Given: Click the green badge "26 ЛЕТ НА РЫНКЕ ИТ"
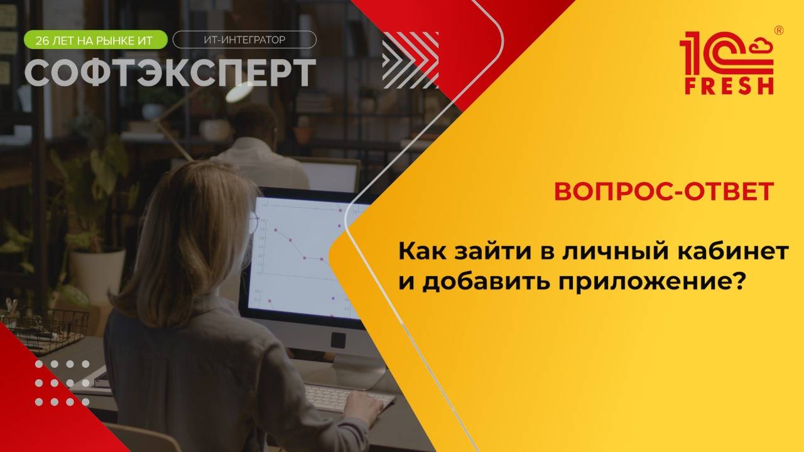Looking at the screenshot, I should (x=95, y=40).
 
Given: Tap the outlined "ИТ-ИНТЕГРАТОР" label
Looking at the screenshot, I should (x=244, y=40).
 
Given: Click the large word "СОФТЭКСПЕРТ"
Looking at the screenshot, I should (x=170, y=73).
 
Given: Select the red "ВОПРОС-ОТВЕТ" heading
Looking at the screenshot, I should (x=663, y=192).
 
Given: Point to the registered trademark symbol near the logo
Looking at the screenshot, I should (x=779, y=30).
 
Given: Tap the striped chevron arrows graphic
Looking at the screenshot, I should (x=410, y=60).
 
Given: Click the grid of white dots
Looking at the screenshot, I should (x=62, y=383).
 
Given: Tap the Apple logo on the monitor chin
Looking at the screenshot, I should (x=338, y=340).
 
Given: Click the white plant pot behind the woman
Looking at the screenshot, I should (x=97, y=270).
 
